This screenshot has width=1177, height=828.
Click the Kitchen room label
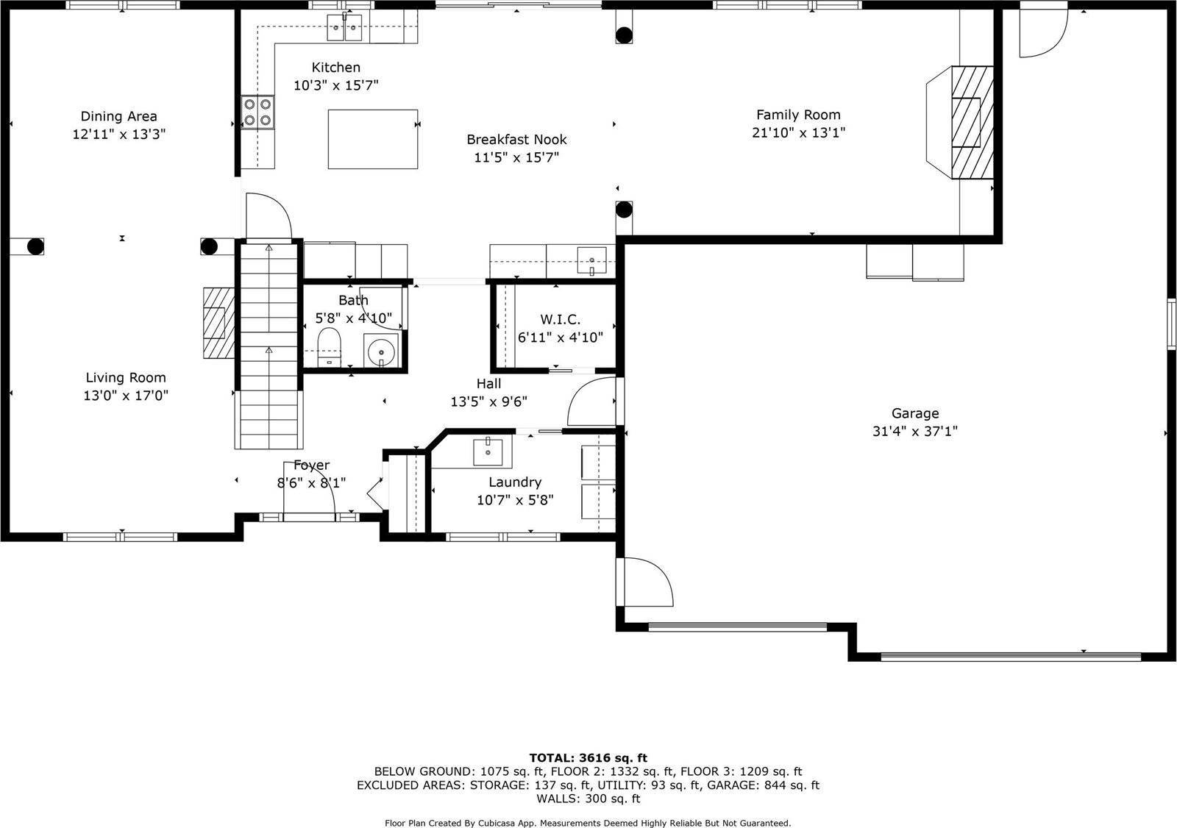(x=335, y=68)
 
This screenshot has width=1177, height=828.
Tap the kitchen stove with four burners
(x=257, y=113)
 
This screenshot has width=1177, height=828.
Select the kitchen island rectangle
(x=372, y=139)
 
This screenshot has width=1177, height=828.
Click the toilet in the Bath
(x=329, y=346)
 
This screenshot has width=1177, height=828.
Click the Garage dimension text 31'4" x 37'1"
(x=914, y=432)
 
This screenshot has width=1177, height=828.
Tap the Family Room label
(x=798, y=115)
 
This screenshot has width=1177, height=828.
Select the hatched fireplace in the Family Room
(x=972, y=122)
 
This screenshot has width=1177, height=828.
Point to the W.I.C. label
(x=560, y=320)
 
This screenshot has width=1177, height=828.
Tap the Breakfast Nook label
(x=516, y=140)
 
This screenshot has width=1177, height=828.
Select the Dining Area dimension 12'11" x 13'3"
(x=118, y=135)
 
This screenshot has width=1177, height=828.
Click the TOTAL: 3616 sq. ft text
(x=588, y=757)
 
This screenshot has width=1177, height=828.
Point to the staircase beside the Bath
(x=269, y=346)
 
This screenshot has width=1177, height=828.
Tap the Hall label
(x=488, y=384)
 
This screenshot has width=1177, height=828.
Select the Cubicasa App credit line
(x=588, y=823)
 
